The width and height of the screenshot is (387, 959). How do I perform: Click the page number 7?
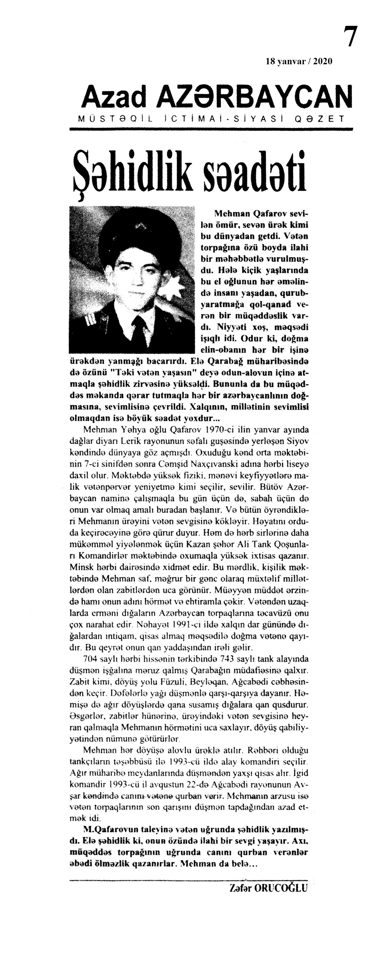pyautogui.click(x=350, y=37)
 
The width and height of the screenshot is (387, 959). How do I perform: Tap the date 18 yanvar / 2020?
pyautogui.click(x=299, y=61)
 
